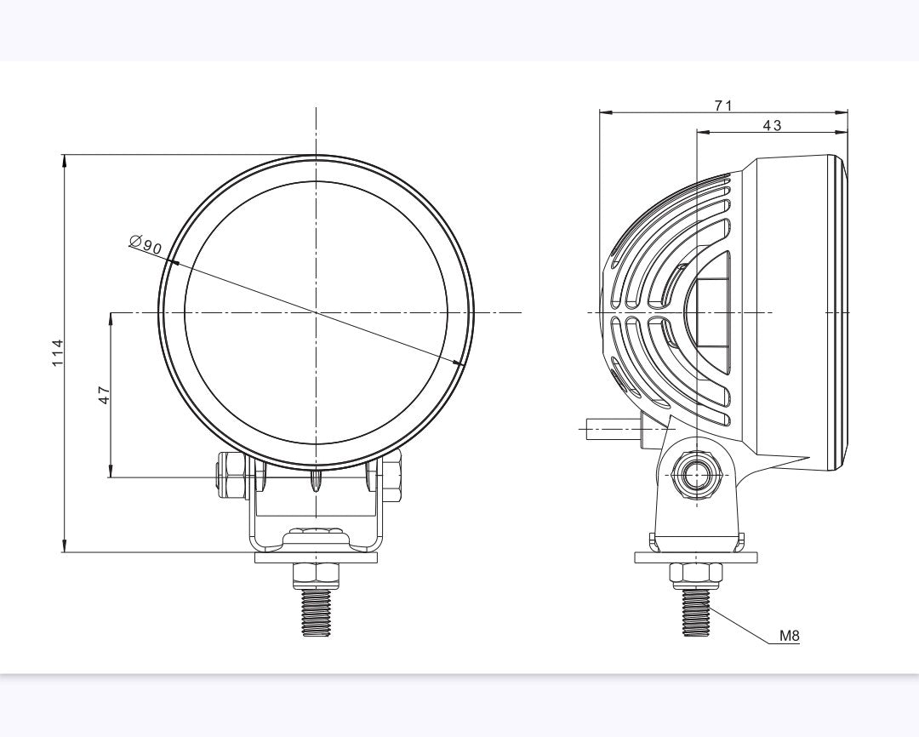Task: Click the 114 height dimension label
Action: [x=58, y=352]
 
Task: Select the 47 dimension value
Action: [x=104, y=394]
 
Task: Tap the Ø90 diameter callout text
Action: [x=146, y=245]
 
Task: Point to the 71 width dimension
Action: [x=722, y=106]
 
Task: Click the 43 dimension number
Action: [x=771, y=125]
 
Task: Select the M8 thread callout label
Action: [x=789, y=635]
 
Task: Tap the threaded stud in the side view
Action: [x=695, y=614]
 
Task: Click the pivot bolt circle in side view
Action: [x=696, y=473]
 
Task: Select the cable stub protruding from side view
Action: [x=613, y=427]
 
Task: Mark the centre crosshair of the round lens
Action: [x=316, y=312]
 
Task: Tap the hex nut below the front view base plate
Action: [x=316, y=575]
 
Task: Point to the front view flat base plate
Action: [x=316, y=558]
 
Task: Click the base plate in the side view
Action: [x=695, y=557]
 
